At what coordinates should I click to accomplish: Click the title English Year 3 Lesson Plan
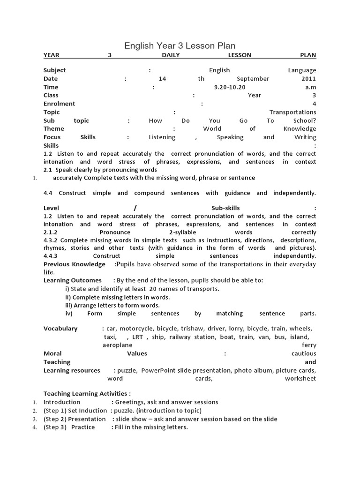(180, 45)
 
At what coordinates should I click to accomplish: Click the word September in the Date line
(253, 79)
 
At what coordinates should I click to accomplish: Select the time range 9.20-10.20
(230, 87)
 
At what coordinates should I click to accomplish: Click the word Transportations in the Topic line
(292, 112)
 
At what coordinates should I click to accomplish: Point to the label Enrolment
(59, 104)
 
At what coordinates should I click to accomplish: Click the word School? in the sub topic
(304, 120)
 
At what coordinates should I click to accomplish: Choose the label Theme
(53, 129)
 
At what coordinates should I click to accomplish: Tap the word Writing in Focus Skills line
(306, 137)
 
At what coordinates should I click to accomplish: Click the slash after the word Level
(135, 208)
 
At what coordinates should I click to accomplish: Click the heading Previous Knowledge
(75, 264)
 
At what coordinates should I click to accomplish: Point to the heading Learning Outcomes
(73, 280)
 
